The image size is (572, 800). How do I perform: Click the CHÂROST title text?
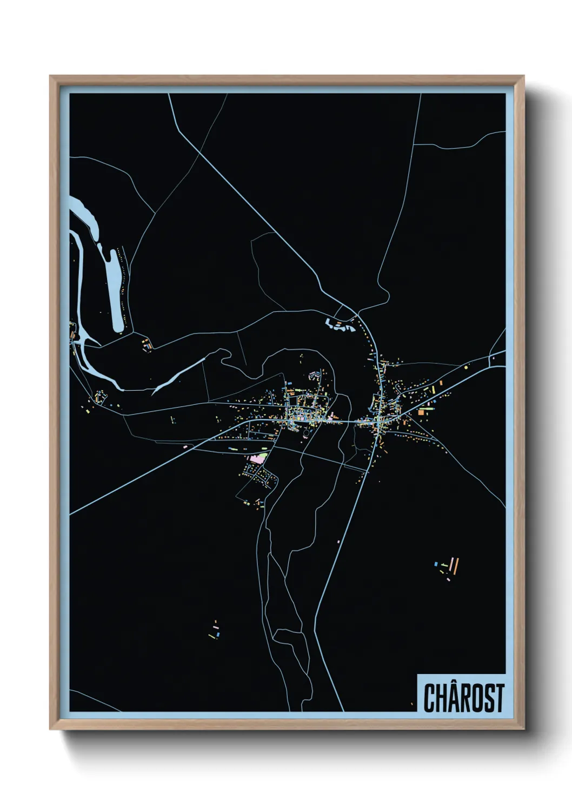pos(463,697)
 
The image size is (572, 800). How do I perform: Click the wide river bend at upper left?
pos(87,216)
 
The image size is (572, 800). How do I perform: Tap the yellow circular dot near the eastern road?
pos(466,367)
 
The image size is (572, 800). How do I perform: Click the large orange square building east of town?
pos(421,412)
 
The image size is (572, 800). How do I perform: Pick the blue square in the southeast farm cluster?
pos(436,564)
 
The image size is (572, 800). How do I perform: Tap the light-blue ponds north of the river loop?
pos(340,325)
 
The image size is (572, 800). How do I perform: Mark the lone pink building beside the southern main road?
pos(339,541)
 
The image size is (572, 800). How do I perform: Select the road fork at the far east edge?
pos(490,357)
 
